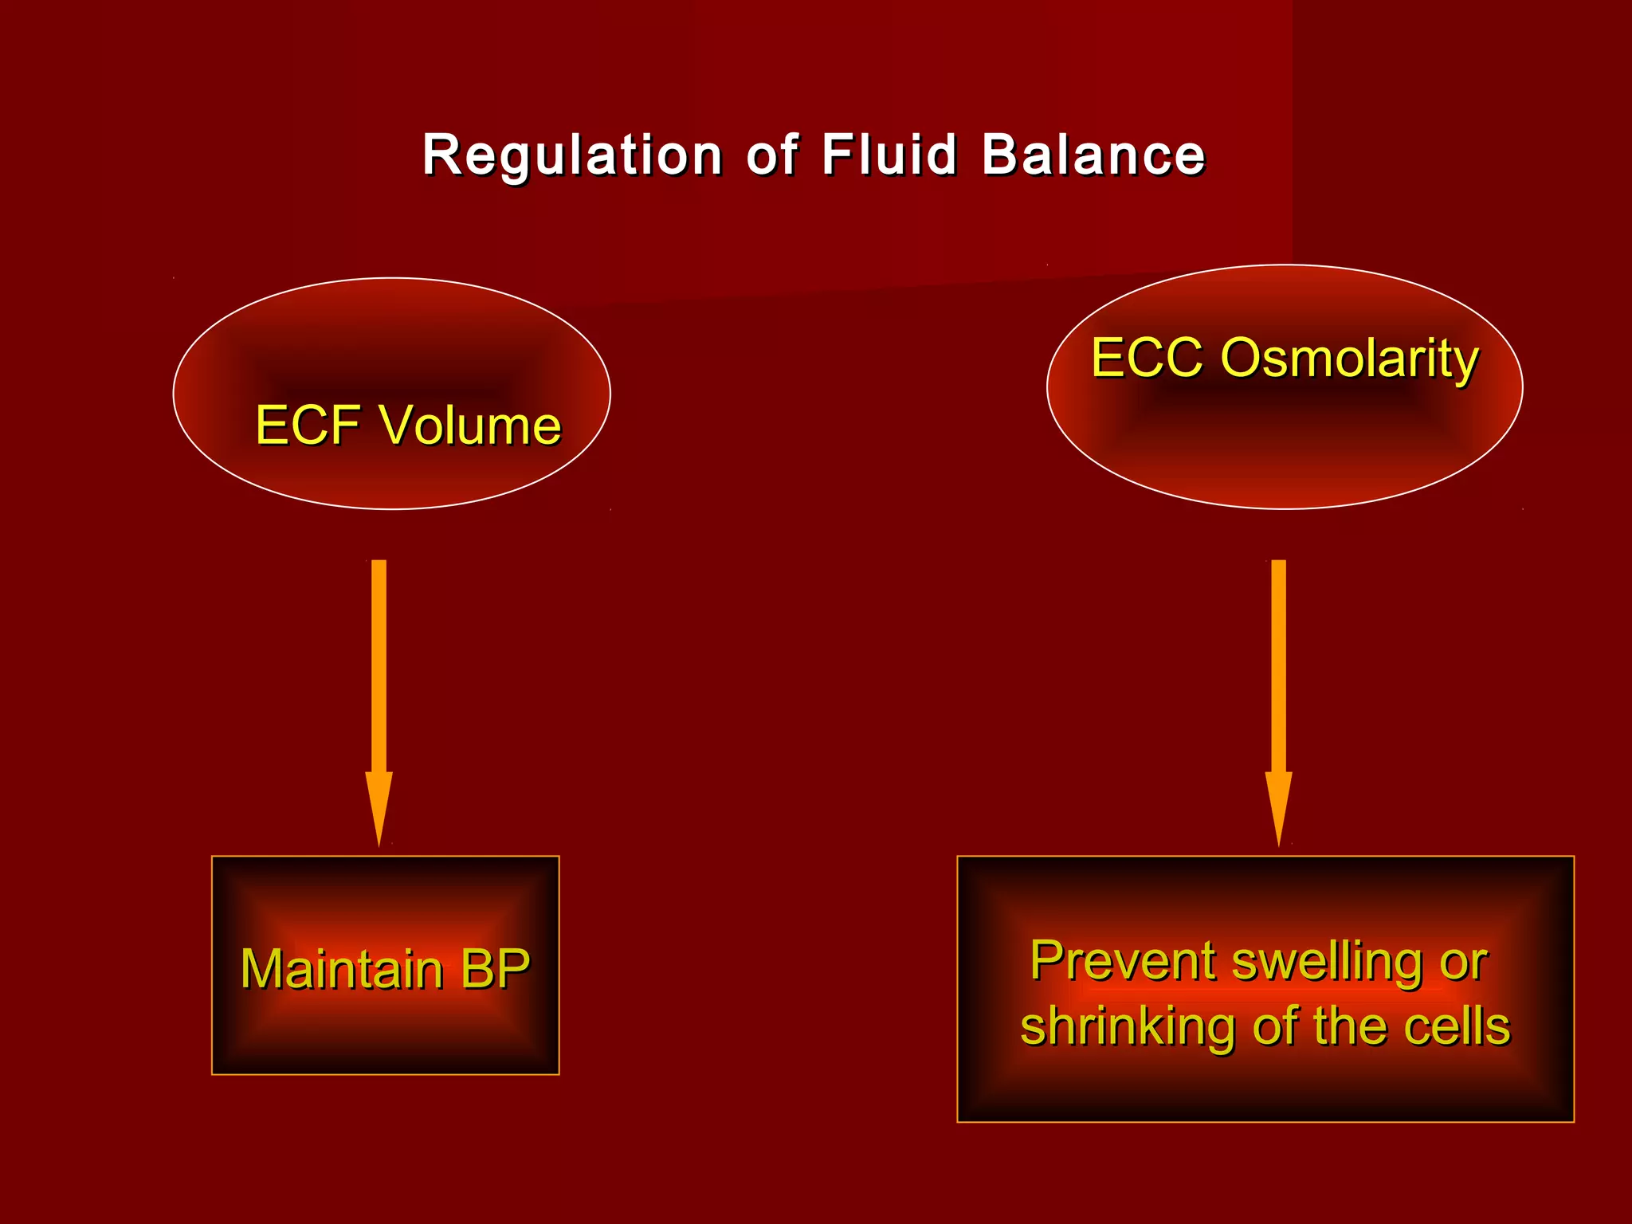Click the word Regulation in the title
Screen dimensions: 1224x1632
(571, 155)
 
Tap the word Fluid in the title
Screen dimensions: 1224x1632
(889, 155)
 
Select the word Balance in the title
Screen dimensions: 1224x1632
(1093, 155)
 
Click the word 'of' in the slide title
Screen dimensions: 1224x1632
(771, 155)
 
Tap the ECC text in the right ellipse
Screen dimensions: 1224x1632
(1147, 358)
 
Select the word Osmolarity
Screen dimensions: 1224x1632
(1349, 359)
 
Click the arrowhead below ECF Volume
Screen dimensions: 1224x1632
(379, 805)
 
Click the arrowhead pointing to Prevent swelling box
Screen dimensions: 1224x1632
(1278, 805)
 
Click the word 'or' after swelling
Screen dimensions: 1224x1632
(1464, 963)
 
